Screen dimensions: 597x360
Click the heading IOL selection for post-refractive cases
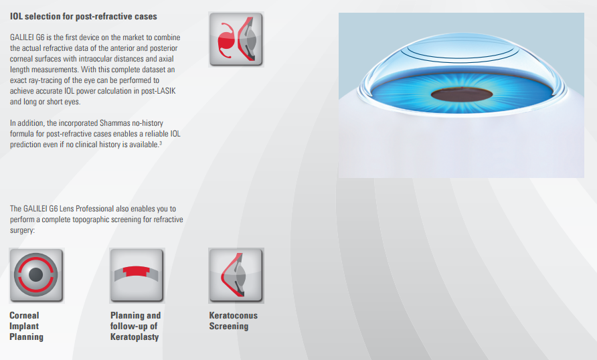click(84, 16)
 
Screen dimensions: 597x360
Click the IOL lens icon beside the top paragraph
click(236, 39)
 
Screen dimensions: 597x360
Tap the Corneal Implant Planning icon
click(37, 276)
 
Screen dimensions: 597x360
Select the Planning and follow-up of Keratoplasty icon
click(137, 276)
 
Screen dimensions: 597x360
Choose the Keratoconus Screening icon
click(236, 276)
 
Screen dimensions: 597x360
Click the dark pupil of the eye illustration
click(461, 94)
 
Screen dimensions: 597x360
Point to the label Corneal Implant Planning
click(26, 326)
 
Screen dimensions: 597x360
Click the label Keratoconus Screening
click(234, 321)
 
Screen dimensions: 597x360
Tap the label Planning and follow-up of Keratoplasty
click(136, 326)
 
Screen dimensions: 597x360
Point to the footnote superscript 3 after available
click(161, 143)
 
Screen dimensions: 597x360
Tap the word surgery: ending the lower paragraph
click(22, 230)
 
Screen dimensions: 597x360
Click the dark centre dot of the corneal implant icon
click(35, 274)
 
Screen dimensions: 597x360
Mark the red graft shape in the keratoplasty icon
click(137, 270)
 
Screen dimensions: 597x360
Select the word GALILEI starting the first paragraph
click(22, 37)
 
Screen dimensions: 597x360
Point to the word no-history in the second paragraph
click(147, 123)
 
